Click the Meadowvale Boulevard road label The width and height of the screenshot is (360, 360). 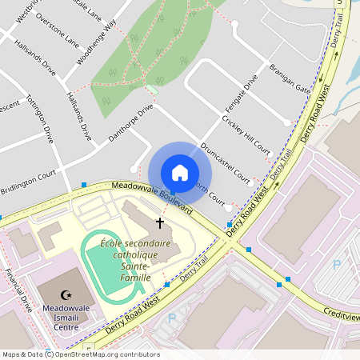click(x=152, y=197)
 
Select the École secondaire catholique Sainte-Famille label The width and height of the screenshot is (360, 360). click(x=125, y=260)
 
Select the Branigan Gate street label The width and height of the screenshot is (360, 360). click(x=290, y=78)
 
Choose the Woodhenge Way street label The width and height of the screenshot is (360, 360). click(x=96, y=46)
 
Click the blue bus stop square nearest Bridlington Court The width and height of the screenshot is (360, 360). click(x=84, y=185)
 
